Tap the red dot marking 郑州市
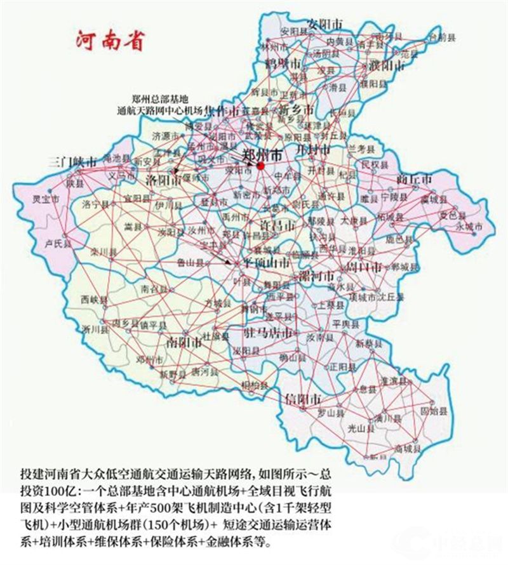(x=260, y=166)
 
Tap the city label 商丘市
(x=413, y=179)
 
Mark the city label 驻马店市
(x=271, y=333)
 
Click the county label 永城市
(x=470, y=226)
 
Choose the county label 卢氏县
(x=57, y=243)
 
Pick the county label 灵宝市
(x=46, y=199)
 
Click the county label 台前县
(x=442, y=38)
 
